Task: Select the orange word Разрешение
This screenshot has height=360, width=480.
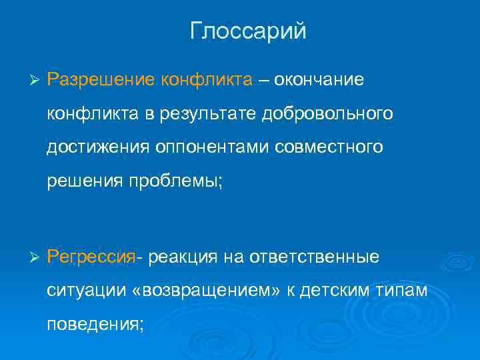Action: (x=101, y=80)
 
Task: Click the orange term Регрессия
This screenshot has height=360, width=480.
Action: (x=91, y=257)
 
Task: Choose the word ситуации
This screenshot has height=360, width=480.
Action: (x=77, y=291)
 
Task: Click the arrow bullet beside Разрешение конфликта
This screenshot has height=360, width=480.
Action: (x=35, y=81)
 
